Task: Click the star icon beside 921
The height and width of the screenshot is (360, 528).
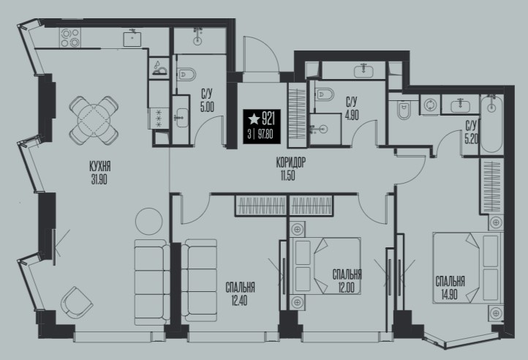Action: (254, 119)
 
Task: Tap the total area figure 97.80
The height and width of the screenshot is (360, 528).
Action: (265, 135)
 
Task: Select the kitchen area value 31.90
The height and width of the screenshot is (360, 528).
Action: (99, 180)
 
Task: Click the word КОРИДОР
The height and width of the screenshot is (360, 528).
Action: (290, 163)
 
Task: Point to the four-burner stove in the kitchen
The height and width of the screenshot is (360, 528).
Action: (70, 37)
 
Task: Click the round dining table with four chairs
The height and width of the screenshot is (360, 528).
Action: (94, 120)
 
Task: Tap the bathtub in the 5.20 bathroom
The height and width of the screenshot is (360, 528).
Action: (491, 124)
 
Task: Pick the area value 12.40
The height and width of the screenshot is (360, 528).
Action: (239, 301)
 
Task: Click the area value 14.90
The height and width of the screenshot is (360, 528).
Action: (449, 295)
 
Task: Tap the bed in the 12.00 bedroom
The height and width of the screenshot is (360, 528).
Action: (325, 266)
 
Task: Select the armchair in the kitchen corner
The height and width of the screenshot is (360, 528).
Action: (77, 301)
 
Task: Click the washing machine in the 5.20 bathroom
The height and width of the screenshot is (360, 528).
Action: (430, 104)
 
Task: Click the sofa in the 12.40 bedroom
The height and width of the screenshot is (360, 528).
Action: (199, 280)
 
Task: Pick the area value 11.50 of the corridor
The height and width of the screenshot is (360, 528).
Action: (287, 176)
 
